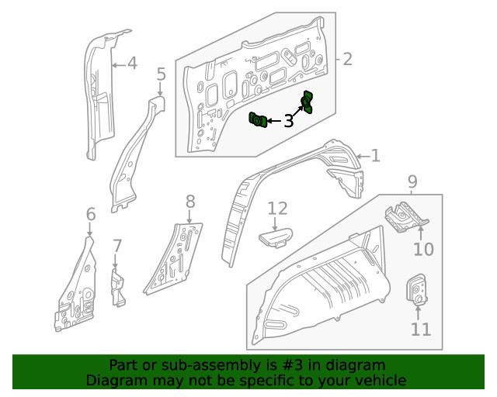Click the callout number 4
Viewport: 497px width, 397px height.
coord(132,63)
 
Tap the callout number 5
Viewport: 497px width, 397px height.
coord(161,74)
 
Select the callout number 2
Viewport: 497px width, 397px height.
coord(348,59)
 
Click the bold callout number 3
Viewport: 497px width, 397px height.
coord(288,120)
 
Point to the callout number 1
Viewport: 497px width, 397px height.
coord(375,157)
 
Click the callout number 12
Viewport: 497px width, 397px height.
coord(277,208)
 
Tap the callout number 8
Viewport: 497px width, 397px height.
coord(190,202)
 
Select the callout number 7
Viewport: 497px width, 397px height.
coord(117,247)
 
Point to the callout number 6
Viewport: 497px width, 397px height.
coord(90,214)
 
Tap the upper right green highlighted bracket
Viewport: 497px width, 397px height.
coord(308,102)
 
